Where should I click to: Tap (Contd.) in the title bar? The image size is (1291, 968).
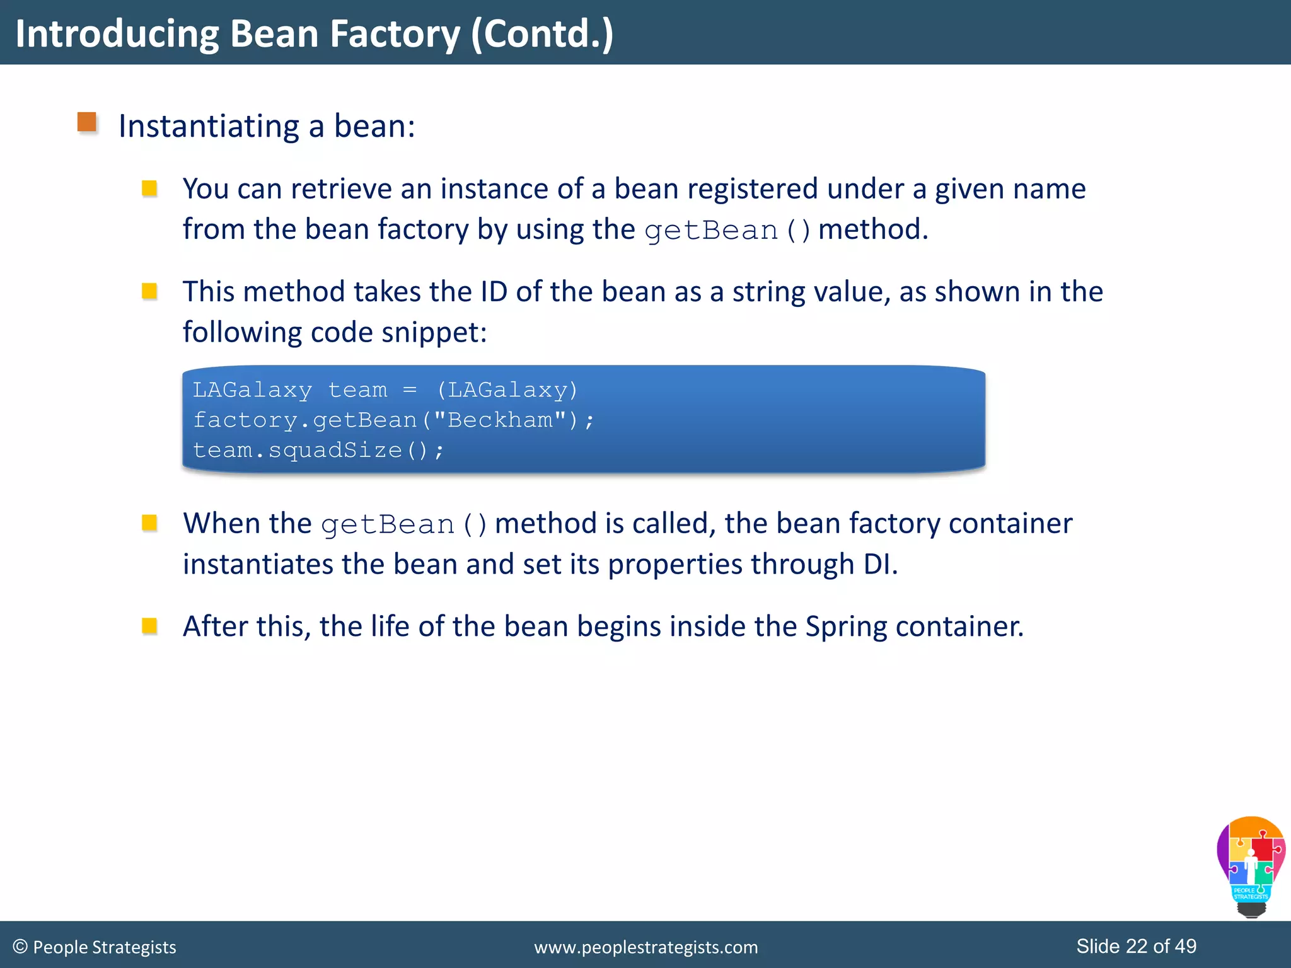(x=542, y=34)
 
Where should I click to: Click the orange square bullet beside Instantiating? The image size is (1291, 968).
(x=87, y=122)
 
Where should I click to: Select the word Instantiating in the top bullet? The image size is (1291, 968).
(x=209, y=127)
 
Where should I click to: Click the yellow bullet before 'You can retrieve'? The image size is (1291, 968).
(x=149, y=188)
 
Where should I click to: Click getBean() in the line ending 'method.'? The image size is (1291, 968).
(x=727, y=231)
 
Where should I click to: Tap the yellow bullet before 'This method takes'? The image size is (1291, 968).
(x=149, y=291)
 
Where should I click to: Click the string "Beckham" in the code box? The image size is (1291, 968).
(x=500, y=420)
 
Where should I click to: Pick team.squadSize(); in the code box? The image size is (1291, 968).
(x=318, y=450)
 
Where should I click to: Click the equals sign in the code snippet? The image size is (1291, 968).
(x=410, y=390)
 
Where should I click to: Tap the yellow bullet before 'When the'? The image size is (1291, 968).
(x=149, y=523)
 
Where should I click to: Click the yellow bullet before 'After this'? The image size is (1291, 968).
(x=149, y=626)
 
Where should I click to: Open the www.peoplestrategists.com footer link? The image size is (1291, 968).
(x=645, y=947)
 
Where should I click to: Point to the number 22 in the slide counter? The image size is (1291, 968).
(x=1137, y=946)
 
